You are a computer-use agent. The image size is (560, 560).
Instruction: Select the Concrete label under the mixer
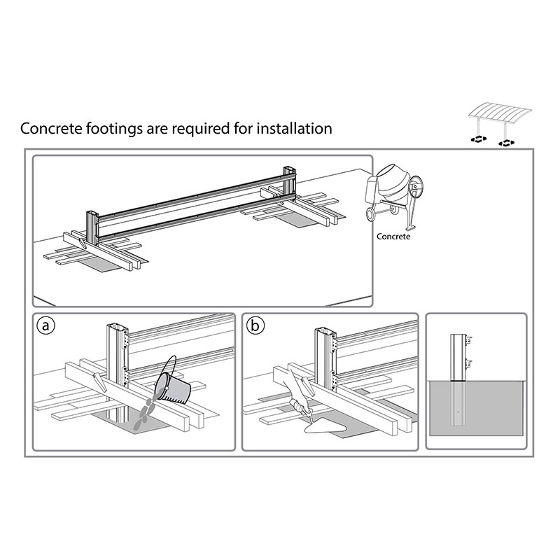[x=393, y=237]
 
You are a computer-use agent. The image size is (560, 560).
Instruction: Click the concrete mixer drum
[x=391, y=183]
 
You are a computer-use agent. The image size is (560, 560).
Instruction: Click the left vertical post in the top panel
[x=91, y=224]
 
